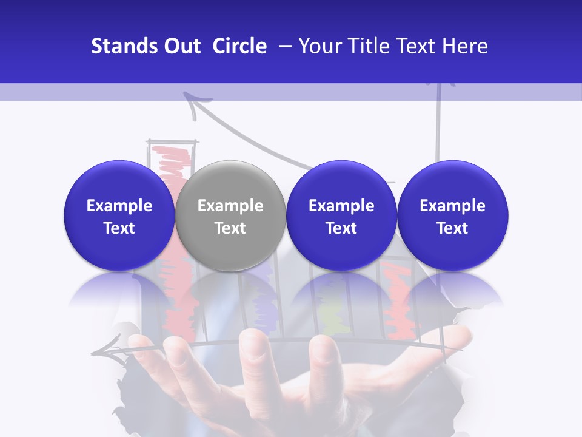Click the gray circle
coord(230,215)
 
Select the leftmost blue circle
coord(119,215)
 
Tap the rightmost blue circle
coord(452,215)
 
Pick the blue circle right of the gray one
coord(341,215)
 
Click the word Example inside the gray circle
coord(230,206)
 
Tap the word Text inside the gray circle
coord(230,228)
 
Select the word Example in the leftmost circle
coord(119,206)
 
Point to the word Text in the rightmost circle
coord(452,228)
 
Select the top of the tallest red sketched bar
coord(172,149)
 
